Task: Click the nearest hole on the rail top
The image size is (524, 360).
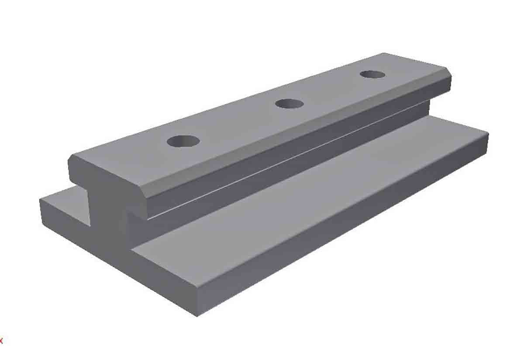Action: click(183, 141)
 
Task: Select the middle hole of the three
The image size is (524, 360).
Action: click(290, 104)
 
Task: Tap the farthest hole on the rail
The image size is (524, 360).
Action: click(372, 74)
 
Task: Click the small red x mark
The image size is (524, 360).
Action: click(1, 340)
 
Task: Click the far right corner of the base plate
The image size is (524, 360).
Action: click(487, 133)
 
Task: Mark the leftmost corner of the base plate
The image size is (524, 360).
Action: click(40, 200)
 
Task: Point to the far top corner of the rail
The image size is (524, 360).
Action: click(384, 54)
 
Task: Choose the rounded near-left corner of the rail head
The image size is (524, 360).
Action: click(71, 162)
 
